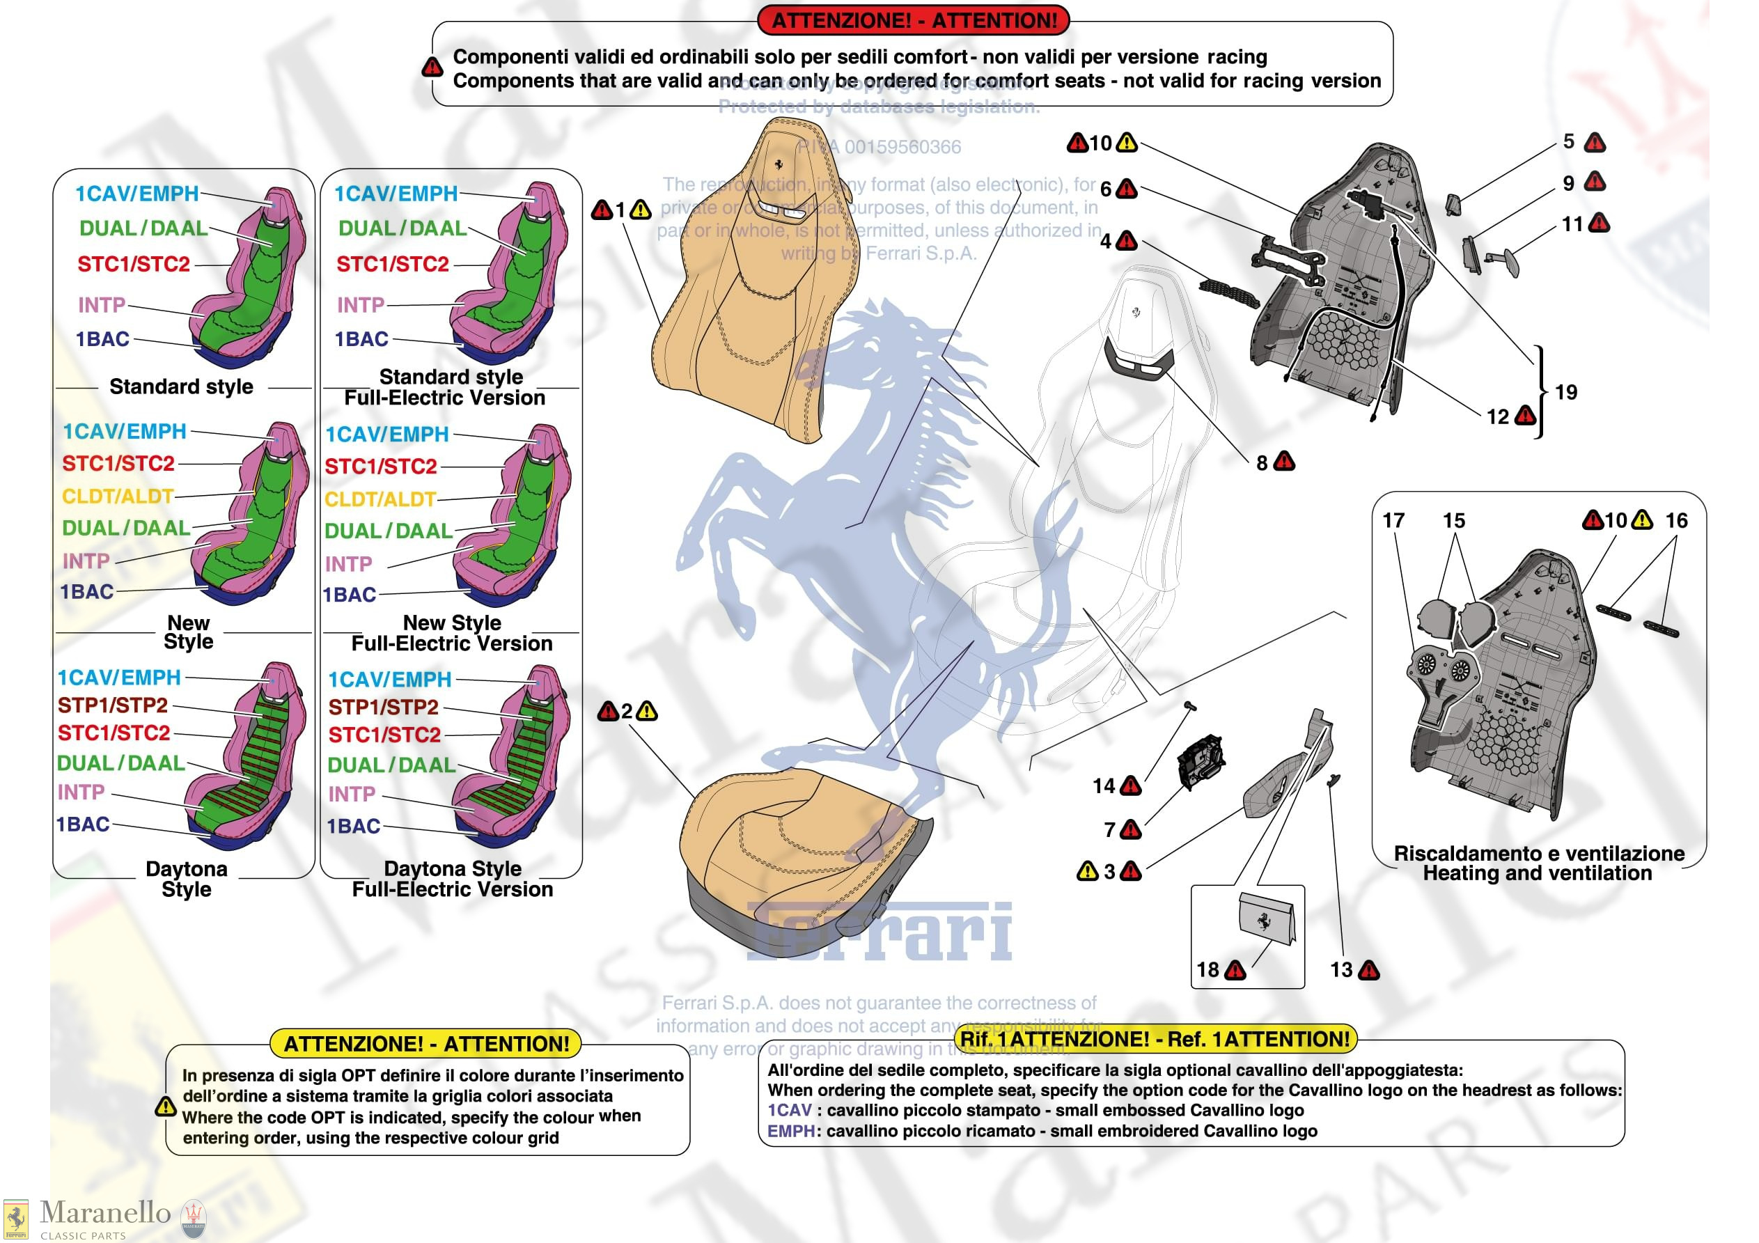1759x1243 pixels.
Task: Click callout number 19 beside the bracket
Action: pyautogui.click(x=1566, y=392)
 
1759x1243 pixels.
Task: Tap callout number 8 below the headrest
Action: pyautogui.click(x=1261, y=463)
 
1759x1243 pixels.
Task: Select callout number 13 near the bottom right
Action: pyautogui.click(x=1340, y=969)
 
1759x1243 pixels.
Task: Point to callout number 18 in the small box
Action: pyautogui.click(x=1207, y=969)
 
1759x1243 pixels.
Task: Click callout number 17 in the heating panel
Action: pyautogui.click(x=1393, y=520)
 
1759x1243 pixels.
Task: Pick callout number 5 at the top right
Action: pyautogui.click(x=1568, y=142)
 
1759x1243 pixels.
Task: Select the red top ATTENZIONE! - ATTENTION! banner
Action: pyautogui.click(x=912, y=20)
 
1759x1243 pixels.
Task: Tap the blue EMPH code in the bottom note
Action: pyautogui.click(x=790, y=1130)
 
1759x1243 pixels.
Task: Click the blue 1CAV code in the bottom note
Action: pyautogui.click(x=789, y=1110)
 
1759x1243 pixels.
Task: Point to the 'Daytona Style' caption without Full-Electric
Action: pyautogui.click(x=186, y=879)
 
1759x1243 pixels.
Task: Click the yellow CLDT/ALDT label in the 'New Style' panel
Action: pyautogui.click(x=118, y=496)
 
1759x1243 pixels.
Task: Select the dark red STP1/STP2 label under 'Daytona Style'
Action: pyautogui.click(x=113, y=704)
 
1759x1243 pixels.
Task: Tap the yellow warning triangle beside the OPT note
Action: pyautogui.click(x=166, y=1107)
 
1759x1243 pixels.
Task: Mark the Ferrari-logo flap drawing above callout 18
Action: pyautogui.click(x=1267, y=917)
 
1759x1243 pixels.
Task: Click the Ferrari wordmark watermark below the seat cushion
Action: pyautogui.click(x=879, y=931)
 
